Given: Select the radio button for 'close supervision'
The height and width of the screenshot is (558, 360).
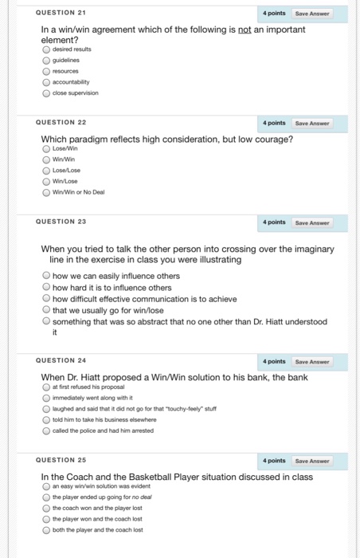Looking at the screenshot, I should (x=46, y=92).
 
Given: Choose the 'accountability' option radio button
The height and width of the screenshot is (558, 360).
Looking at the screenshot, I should (x=46, y=81).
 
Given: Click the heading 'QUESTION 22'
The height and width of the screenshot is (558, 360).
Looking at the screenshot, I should (x=61, y=122).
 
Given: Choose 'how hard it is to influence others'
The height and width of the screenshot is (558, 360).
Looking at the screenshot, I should (x=46, y=288).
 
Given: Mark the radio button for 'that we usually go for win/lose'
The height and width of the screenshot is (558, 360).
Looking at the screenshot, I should (x=46, y=310).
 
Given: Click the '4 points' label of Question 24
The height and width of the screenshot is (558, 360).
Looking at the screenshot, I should (x=274, y=361).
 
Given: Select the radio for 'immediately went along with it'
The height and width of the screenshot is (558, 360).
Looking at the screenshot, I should (x=46, y=396).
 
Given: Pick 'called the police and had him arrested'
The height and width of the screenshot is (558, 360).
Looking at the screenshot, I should (x=46, y=430).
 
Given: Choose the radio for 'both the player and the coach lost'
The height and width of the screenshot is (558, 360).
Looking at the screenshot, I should (x=46, y=529).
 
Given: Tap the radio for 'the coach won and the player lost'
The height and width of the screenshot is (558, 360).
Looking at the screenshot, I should (x=46, y=507).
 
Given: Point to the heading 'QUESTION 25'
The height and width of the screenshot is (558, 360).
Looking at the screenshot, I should (x=61, y=460).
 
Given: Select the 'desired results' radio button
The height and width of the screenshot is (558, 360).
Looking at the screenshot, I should (x=46, y=48).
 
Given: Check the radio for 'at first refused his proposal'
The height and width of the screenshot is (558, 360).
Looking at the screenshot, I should (x=46, y=386).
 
